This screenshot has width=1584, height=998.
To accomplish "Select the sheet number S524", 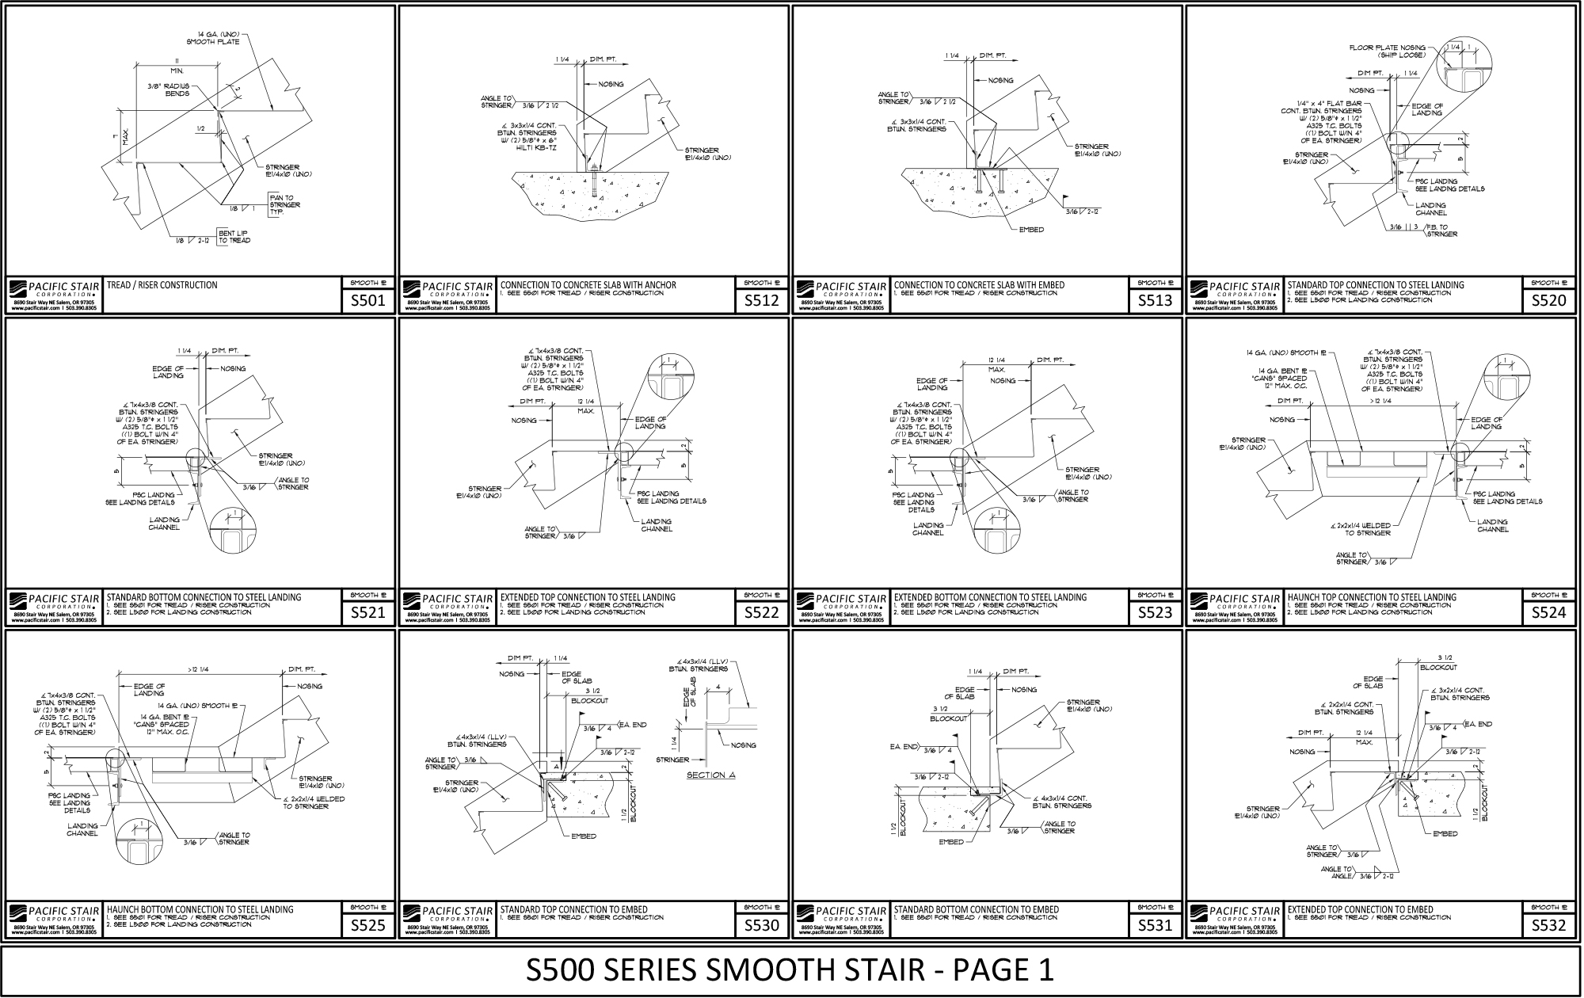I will tap(1548, 612).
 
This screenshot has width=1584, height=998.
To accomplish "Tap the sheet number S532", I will tap(1548, 924).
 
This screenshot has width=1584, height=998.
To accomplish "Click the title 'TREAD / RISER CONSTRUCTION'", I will tap(162, 285).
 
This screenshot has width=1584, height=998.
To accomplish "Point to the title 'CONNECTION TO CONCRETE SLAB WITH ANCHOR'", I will tap(588, 285).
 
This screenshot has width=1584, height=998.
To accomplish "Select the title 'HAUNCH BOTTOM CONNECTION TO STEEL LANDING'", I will tap(200, 909).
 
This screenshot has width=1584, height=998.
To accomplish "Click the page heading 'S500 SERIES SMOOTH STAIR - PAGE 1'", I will tap(790, 969).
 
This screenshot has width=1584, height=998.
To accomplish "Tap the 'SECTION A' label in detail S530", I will tap(710, 775).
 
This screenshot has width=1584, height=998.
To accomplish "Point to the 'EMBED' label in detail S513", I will tap(1031, 230).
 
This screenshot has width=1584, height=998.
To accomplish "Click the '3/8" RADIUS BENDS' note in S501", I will tap(168, 90).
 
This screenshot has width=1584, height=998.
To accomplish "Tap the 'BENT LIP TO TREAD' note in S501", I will tap(234, 236).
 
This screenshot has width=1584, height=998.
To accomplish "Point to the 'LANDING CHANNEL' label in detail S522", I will tap(657, 525).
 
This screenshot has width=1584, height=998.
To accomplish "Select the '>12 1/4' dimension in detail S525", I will tap(202, 670).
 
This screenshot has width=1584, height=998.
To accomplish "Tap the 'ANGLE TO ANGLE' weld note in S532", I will tap(1336, 873).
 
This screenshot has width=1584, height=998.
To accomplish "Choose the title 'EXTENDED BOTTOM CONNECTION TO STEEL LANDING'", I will tap(990, 597).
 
